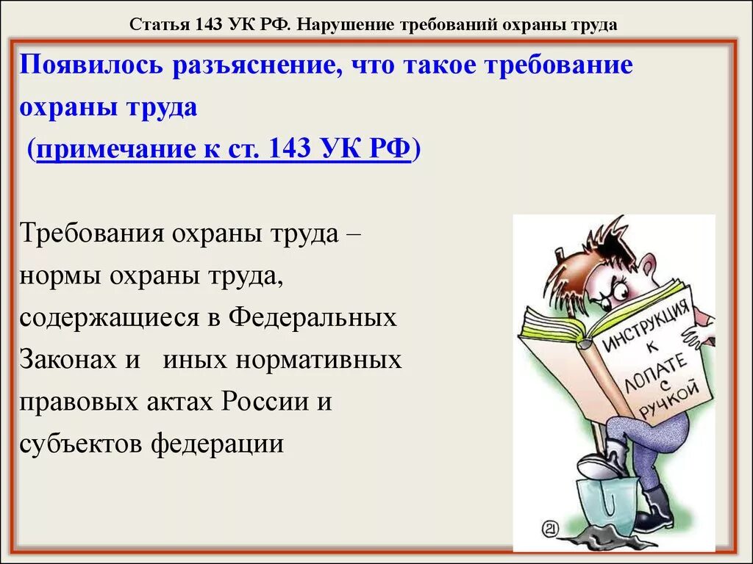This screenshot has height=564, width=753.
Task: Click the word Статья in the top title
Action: click(x=160, y=24)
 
